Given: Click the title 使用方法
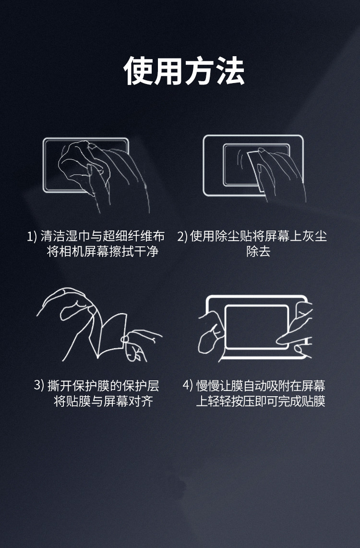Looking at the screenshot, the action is coord(184,71).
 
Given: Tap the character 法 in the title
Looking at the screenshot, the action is coord(230,71).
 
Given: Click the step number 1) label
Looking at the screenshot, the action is coord(32,236).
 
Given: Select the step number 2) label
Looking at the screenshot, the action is coord(182,236).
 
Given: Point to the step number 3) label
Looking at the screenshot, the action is coord(39,386).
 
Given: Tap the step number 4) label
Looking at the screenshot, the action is coord(188,386).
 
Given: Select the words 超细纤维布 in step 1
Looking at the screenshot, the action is coord(134,236).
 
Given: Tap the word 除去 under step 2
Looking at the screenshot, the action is coord(258,251).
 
